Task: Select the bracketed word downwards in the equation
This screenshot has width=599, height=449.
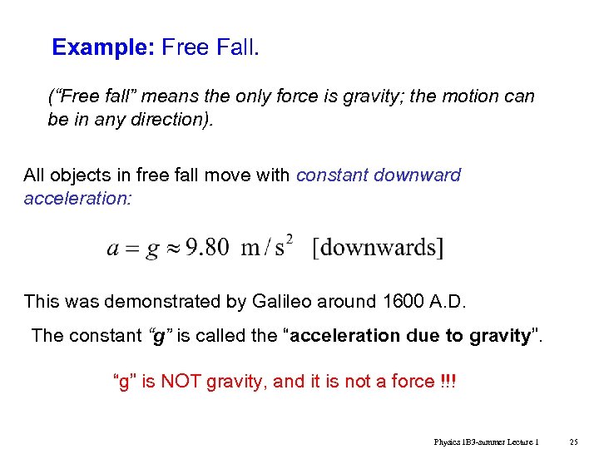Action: pyautogui.click(x=379, y=248)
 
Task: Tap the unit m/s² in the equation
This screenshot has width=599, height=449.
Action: pyautogui.click(x=267, y=247)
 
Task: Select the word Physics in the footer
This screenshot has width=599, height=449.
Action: pyautogui.click(x=448, y=442)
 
